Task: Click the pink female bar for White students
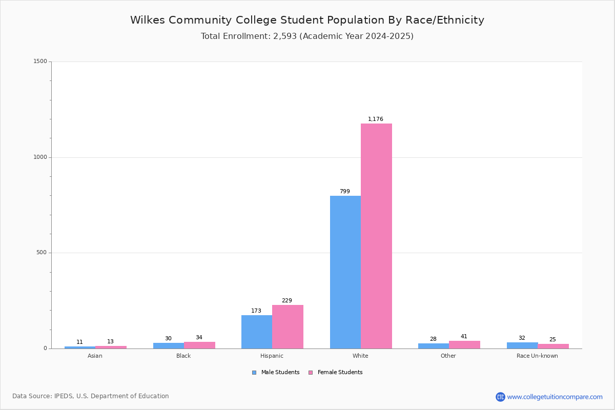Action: (x=376, y=236)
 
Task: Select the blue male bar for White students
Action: (x=345, y=272)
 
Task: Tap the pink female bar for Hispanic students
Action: (x=288, y=326)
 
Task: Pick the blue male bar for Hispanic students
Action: (x=257, y=332)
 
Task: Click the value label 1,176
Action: (x=375, y=119)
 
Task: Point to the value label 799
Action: (x=345, y=191)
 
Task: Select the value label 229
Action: (x=286, y=300)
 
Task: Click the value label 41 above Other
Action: (x=464, y=336)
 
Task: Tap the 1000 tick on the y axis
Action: (x=40, y=157)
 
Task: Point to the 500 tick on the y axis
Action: (x=42, y=252)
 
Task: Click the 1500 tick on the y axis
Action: (x=40, y=61)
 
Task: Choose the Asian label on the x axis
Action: (x=95, y=356)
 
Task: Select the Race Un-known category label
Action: (x=537, y=356)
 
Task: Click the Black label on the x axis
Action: (x=183, y=356)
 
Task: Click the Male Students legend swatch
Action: (x=254, y=373)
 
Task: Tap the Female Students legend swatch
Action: (x=311, y=373)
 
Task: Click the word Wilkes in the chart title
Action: (x=148, y=20)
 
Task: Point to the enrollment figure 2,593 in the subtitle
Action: (x=285, y=36)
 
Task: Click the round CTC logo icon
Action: (x=500, y=397)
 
